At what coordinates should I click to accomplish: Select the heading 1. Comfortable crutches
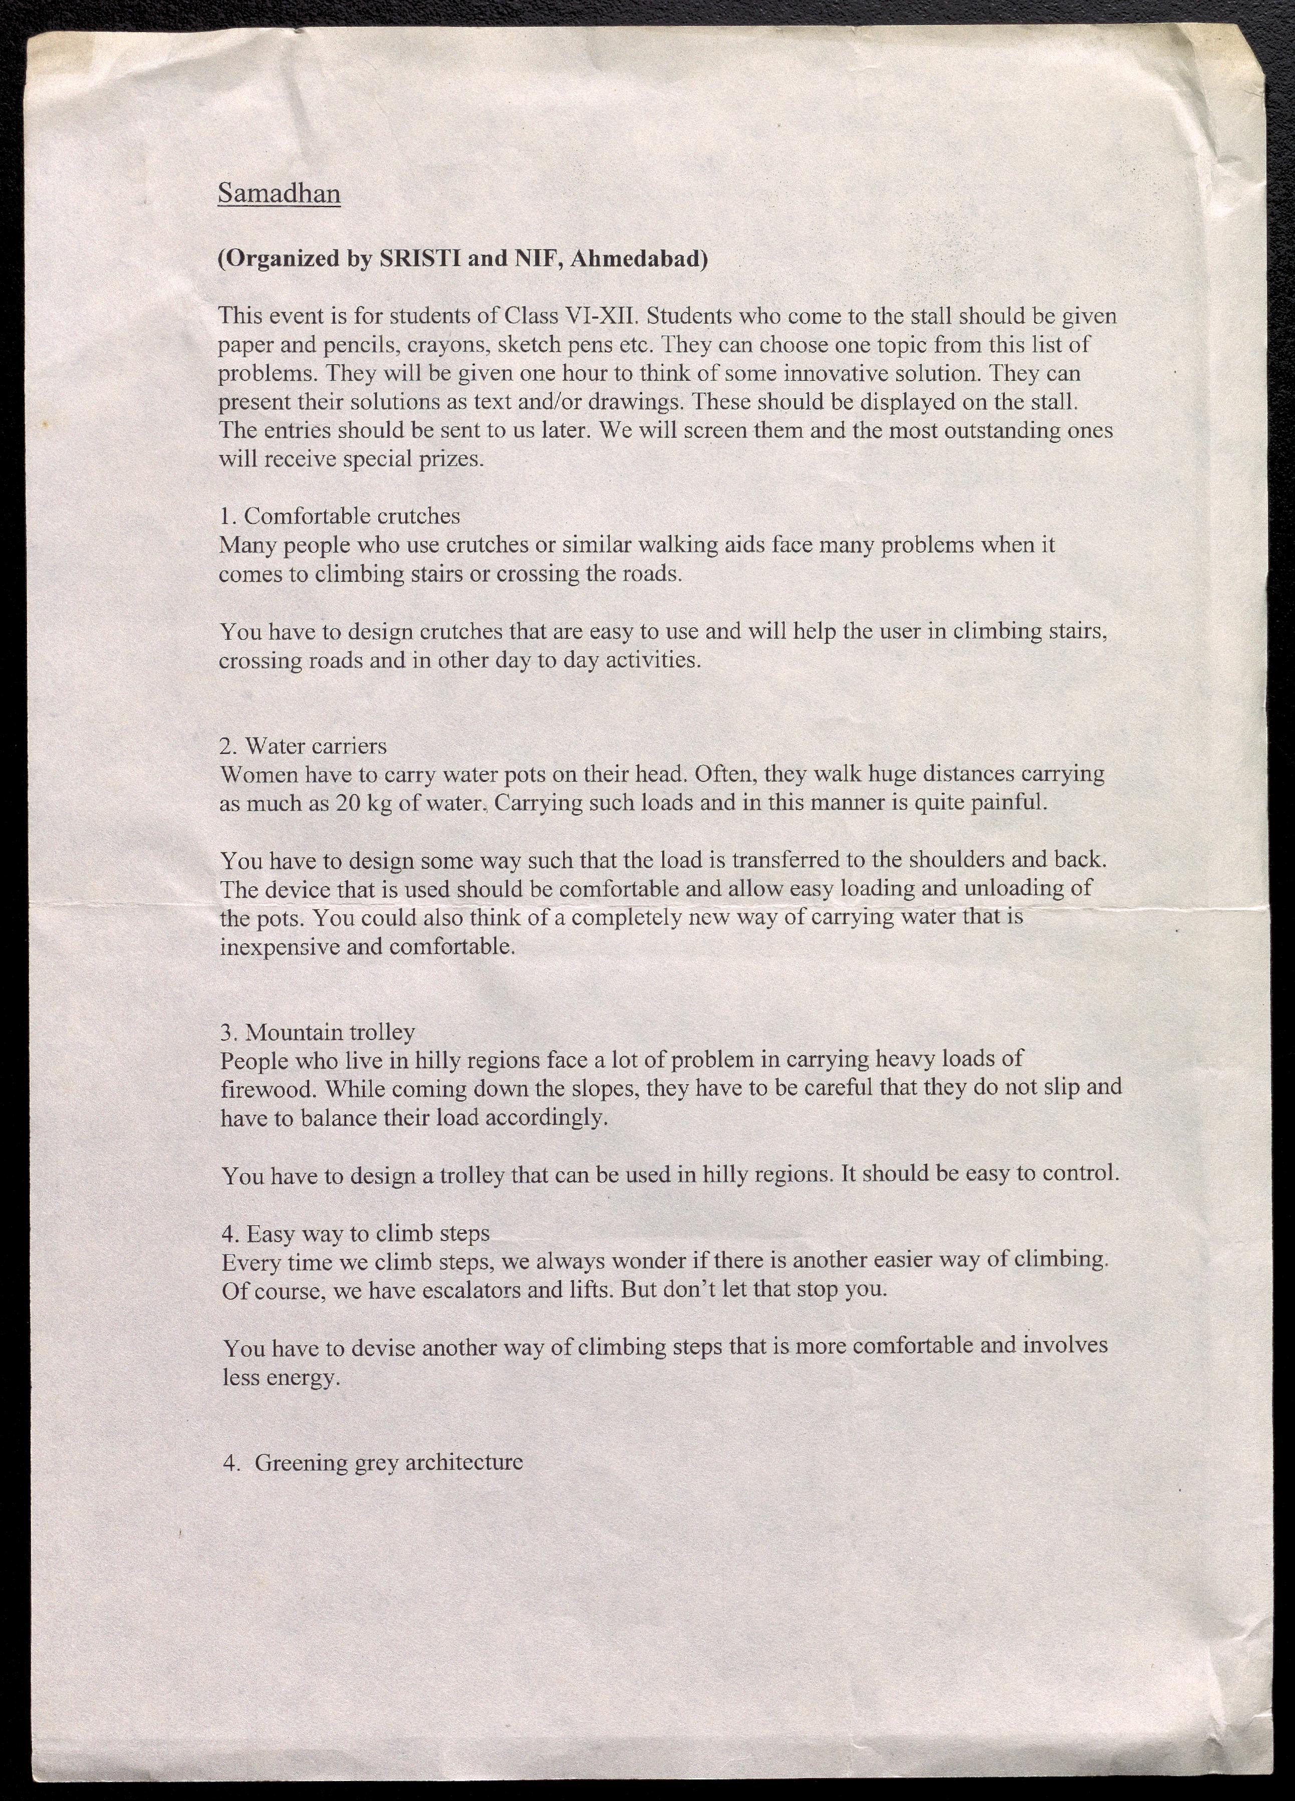[x=339, y=516]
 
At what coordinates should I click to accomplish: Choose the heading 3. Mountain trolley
[x=318, y=1033]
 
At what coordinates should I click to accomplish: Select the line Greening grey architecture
[x=388, y=1463]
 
